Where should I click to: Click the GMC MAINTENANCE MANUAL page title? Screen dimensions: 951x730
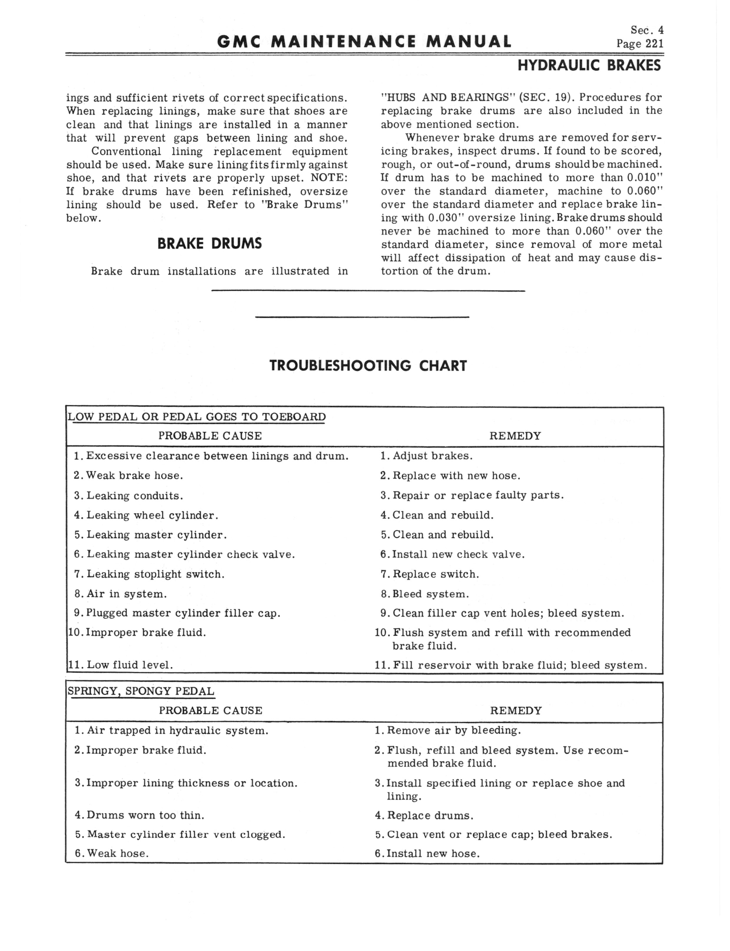(364, 42)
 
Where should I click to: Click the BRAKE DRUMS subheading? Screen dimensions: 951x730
(210, 243)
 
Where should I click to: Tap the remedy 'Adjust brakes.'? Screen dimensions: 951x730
(432, 456)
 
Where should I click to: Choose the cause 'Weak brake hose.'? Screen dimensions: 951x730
(134, 475)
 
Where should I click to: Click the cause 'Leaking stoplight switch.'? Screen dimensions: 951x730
(155, 574)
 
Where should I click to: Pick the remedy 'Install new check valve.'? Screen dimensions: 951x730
(458, 555)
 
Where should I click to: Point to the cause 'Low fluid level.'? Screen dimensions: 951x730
(130, 665)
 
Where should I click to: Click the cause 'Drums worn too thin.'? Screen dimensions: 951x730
(145, 815)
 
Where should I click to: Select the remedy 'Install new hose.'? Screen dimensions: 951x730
(433, 853)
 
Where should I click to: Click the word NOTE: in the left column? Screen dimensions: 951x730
(329, 178)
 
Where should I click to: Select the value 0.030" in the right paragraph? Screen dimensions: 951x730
(445, 218)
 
